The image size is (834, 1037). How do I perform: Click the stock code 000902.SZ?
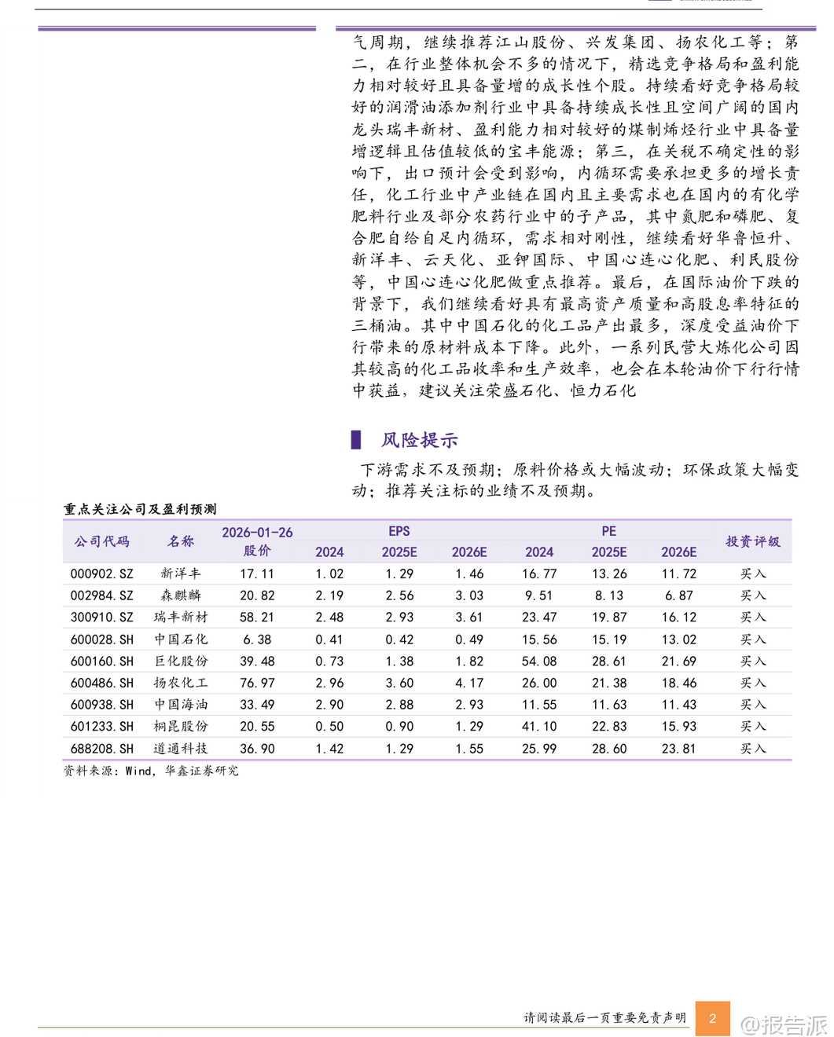101,574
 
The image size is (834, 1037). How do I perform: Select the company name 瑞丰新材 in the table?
181,617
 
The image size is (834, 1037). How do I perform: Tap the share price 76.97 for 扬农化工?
257,683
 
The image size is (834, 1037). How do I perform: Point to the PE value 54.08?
538,661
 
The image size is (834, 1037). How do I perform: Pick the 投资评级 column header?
752,541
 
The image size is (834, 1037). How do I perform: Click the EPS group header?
399,531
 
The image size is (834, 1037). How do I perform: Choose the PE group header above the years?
608,531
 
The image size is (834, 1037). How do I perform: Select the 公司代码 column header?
101,541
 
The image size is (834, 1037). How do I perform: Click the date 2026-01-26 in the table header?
257,532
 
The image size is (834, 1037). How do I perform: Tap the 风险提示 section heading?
419,440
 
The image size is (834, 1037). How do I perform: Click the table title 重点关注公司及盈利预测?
140,509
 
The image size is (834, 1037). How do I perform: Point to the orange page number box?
712,1018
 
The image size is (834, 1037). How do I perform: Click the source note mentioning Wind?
151,771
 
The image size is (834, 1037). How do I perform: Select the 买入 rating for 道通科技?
752,749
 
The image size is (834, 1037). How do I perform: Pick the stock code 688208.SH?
101,749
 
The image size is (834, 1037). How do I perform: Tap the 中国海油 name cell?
181,705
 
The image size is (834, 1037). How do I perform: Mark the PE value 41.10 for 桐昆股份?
538,727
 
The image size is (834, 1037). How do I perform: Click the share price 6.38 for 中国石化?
257,639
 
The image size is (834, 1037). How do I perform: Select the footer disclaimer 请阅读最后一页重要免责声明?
604,1017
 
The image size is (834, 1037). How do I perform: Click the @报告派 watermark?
784,1024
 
